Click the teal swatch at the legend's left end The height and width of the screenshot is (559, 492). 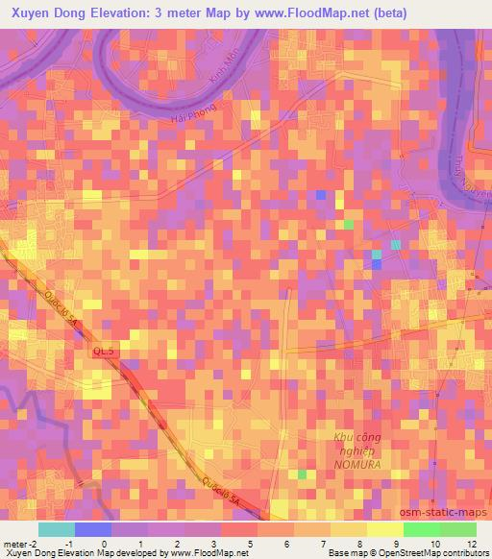(57, 529)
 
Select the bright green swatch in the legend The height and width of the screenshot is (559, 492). (421, 529)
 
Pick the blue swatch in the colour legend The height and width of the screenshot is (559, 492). (93, 529)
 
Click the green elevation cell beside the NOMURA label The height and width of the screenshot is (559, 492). (302, 474)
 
